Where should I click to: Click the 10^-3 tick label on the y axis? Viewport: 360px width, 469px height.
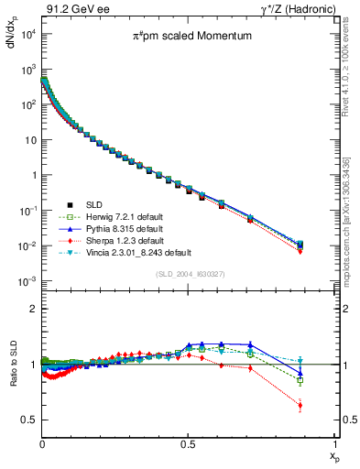(27, 281)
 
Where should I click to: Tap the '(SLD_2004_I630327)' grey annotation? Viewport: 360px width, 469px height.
(188, 274)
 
